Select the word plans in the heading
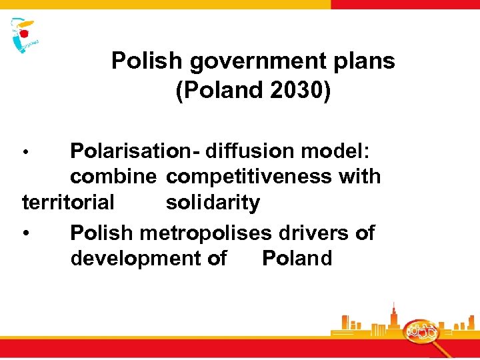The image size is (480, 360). [365, 62]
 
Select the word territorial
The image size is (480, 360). [69, 202]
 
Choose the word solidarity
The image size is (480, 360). [213, 202]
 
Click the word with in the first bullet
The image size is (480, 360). [360, 177]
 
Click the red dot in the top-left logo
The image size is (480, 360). [26, 31]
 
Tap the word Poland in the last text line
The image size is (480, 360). [297, 258]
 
